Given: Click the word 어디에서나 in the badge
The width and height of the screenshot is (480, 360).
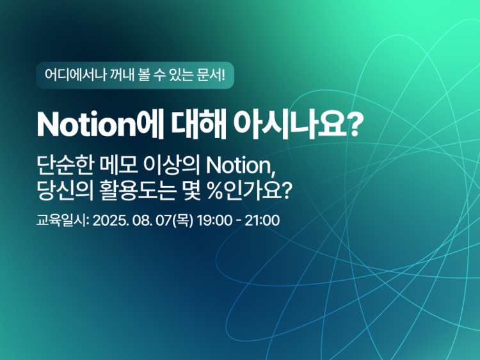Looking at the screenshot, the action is [75, 75].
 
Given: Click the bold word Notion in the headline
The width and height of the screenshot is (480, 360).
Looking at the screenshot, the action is [86, 125].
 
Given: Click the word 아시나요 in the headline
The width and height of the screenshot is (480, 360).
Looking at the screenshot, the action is [289, 125].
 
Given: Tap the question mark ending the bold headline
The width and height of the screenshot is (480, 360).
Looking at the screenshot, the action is [355, 125].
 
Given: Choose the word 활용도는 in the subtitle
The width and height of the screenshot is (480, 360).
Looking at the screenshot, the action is [137, 191].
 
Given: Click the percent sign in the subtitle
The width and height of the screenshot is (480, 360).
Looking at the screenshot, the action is [215, 191].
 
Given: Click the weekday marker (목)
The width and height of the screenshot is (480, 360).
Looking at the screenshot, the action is [183, 221].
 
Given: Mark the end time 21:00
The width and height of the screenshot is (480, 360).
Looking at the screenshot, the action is [262, 221].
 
